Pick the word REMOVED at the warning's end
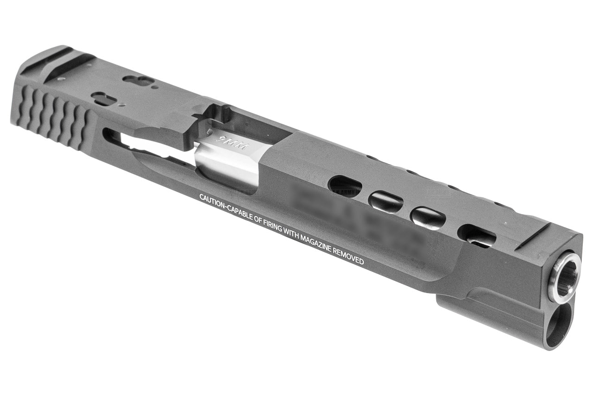click(350, 257)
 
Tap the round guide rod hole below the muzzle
click(557, 327)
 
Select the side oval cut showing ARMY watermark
click(345, 186)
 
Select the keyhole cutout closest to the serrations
click(104, 98)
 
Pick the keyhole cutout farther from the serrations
click(139, 81)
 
